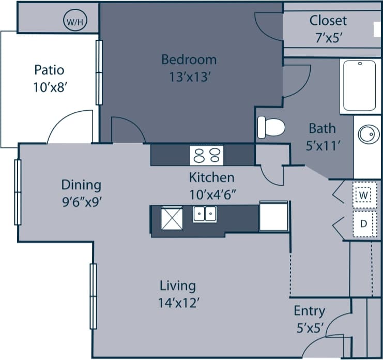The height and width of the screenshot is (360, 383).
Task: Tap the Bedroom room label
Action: click(189, 59)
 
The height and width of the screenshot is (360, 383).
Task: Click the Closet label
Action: click(328, 21)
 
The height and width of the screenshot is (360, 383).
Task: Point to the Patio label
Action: click(49, 69)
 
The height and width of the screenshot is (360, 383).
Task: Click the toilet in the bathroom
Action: click(271, 127)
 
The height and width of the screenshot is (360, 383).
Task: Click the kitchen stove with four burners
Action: click(207, 155)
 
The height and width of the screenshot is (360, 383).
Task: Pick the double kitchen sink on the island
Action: click(205, 214)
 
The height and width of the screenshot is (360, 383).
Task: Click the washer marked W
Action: click(364, 195)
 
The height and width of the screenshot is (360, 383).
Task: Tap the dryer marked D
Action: click(364, 223)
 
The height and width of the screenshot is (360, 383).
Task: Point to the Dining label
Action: click(81, 185)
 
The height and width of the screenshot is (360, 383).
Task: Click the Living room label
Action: click(177, 285)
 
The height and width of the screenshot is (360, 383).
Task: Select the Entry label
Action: click(309, 310)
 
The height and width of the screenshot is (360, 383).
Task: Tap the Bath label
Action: click(322, 128)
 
